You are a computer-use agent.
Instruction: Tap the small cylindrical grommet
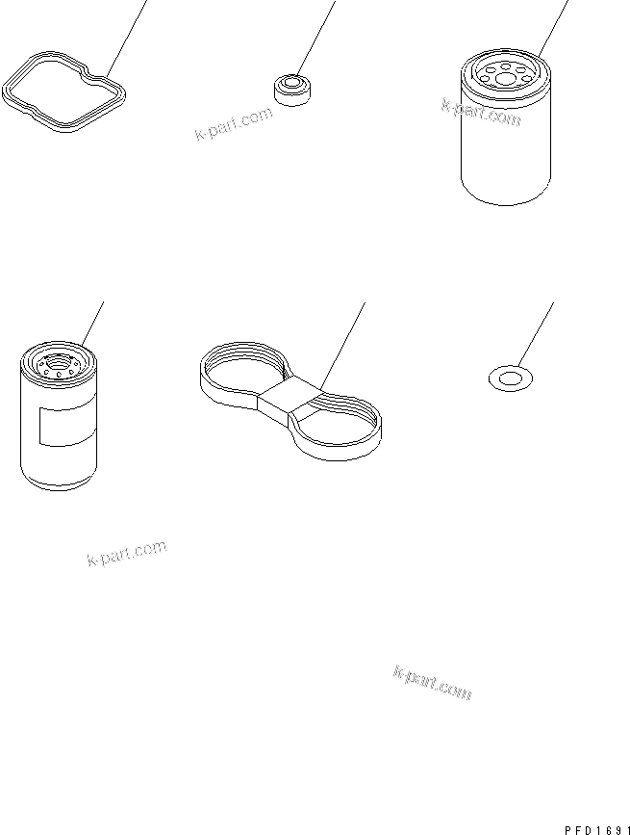point(291,90)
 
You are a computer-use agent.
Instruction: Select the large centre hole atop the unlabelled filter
point(505,80)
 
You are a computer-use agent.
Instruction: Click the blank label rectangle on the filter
point(67,426)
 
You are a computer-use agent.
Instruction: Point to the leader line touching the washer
point(536,334)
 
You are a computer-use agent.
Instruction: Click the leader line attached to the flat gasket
point(127,39)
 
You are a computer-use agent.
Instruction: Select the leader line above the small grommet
point(315,38)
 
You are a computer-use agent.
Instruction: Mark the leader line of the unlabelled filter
point(553,29)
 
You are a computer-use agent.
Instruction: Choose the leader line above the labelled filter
point(92,323)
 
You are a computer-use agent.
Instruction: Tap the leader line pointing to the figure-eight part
point(343,346)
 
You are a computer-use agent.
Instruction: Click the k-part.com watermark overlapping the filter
point(481,113)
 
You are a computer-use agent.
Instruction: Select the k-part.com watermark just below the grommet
point(234,123)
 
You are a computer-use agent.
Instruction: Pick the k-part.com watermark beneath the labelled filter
point(127,553)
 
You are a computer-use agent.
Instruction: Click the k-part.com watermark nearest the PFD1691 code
point(432,682)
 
